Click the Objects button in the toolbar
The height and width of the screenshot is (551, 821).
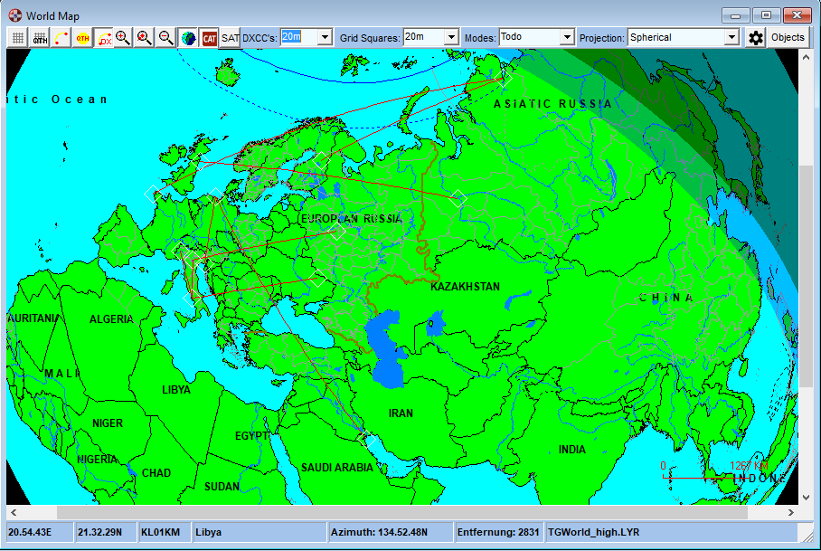point(788,37)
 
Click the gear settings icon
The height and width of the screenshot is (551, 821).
point(756,37)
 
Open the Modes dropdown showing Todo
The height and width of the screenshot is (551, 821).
point(567,37)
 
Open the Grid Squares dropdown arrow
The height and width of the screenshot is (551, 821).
point(451,37)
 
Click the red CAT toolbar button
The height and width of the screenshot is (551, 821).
point(210,37)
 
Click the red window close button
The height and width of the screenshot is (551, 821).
point(796,14)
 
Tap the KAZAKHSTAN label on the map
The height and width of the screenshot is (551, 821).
point(465,287)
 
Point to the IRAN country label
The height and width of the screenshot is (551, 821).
point(401,413)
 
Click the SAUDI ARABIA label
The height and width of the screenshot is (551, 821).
point(336,468)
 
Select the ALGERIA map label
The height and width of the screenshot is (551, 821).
point(111,319)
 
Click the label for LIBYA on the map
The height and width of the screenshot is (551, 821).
point(176,390)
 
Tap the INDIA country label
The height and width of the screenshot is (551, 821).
point(571,450)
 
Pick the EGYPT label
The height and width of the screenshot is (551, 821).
point(251,436)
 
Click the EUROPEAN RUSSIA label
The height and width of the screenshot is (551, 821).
point(351,219)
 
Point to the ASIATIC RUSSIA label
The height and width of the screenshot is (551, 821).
point(552,104)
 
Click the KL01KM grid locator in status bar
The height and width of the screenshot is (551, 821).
point(161,532)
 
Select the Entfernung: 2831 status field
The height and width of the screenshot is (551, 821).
point(498,532)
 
